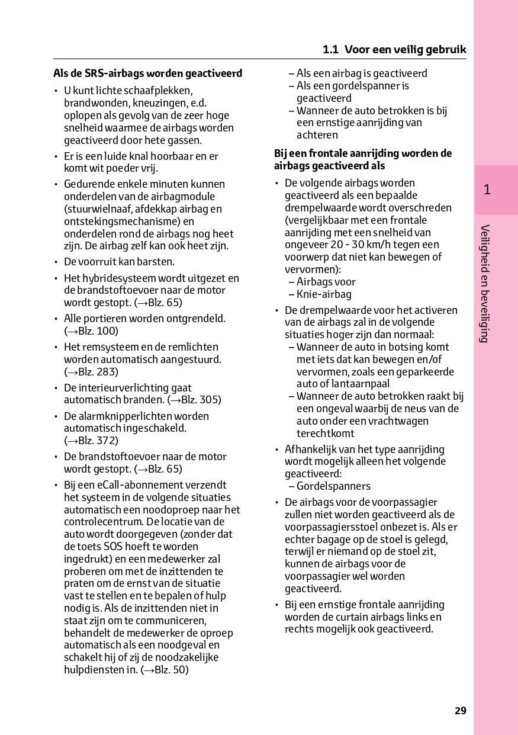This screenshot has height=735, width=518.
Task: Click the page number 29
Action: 461,711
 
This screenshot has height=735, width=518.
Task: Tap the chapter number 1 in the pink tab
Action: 487,190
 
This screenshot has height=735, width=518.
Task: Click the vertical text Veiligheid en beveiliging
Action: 485,284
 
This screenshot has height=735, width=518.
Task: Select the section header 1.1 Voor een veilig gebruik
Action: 394,50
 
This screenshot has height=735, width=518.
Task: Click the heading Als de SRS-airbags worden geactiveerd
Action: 147,73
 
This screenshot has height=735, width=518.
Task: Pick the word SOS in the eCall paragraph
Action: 113,547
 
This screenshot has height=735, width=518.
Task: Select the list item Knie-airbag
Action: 324,294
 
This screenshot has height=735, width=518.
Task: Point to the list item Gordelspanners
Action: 333,486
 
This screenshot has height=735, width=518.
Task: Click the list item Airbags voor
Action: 326,282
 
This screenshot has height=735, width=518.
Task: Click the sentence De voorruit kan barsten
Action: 119,262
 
